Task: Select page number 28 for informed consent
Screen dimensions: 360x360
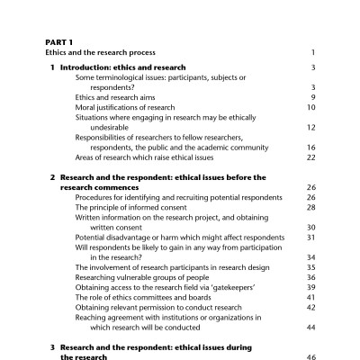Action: [x=310, y=207]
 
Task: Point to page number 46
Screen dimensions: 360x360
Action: [x=310, y=356]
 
